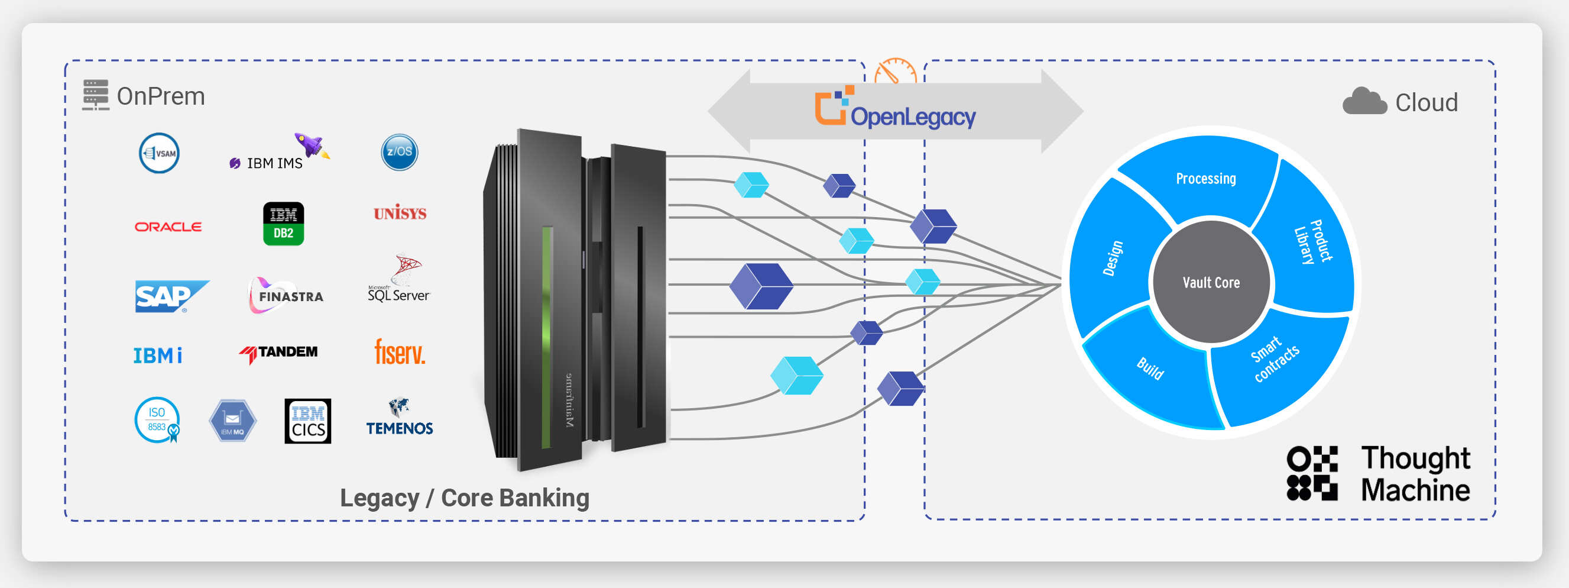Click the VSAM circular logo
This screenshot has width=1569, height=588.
(159, 153)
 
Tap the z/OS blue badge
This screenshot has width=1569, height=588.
(399, 151)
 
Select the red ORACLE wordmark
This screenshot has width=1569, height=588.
(168, 227)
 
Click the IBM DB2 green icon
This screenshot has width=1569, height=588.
(283, 224)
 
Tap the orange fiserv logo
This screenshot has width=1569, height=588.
(400, 352)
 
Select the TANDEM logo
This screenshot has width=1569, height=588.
(279, 353)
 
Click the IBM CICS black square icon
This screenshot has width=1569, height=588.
(307, 421)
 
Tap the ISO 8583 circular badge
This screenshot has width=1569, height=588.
(157, 420)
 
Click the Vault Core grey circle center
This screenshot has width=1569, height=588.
(1211, 283)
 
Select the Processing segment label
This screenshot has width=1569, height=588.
(1205, 179)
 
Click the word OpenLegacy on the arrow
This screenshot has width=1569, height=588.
(912, 116)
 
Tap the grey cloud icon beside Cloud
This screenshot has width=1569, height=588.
(1364, 102)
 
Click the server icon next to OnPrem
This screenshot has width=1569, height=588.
(96, 95)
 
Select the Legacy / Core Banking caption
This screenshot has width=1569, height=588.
(464, 498)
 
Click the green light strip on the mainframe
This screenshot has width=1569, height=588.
(546, 335)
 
